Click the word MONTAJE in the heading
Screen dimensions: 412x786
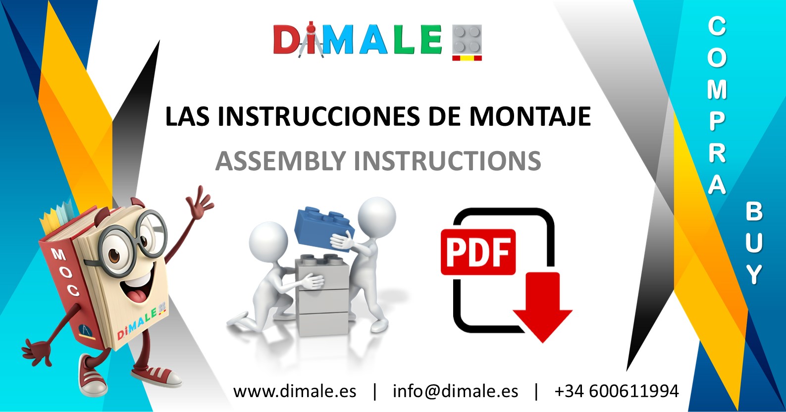529,117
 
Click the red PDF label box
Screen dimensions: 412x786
478,252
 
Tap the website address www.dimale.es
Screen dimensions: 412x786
295,391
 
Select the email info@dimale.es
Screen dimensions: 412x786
455,391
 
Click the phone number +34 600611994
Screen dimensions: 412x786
616,391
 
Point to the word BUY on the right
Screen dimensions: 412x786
754,243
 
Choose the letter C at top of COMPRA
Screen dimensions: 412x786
717,26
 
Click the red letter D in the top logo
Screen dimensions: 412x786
287,40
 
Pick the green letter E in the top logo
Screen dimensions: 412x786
431,40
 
